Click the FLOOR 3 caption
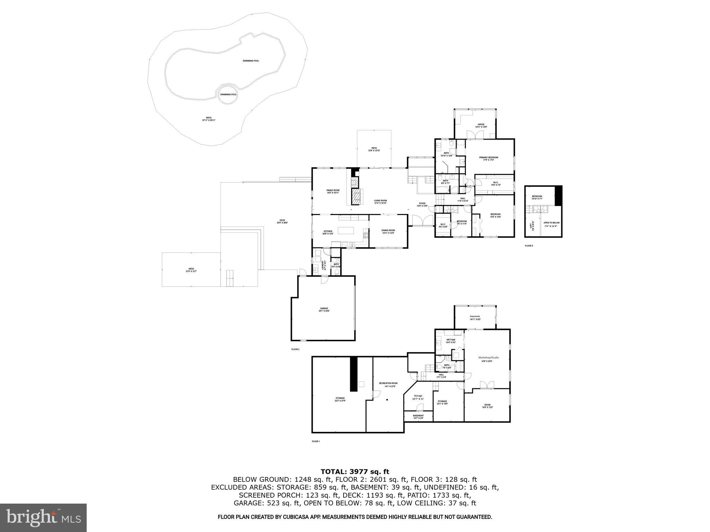point(529,246)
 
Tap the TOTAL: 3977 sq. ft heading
point(355,471)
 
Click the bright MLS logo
point(43,517)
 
